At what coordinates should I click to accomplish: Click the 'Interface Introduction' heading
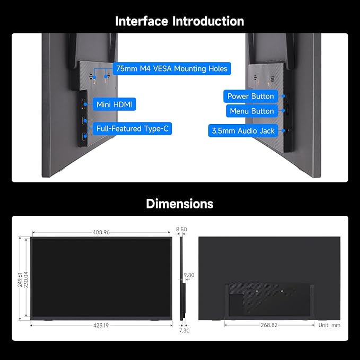pyautogui.click(x=180, y=21)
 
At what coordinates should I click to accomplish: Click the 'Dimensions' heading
pyautogui.click(x=180, y=204)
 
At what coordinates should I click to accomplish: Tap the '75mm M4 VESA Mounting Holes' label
pyautogui.click(x=172, y=68)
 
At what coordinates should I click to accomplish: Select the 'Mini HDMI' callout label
pyautogui.click(x=115, y=104)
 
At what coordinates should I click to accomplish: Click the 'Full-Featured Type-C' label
pyautogui.click(x=132, y=128)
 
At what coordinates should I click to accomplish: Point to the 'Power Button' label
pyautogui.click(x=250, y=96)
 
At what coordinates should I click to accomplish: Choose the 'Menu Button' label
pyautogui.click(x=252, y=111)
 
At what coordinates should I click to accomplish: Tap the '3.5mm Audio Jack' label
pyautogui.click(x=243, y=130)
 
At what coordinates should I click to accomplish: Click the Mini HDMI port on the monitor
pyautogui.click(x=83, y=104)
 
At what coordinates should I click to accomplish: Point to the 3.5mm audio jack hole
pyautogui.click(x=288, y=131)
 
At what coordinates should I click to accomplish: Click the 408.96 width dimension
pyautogui.click(x=101, y=232)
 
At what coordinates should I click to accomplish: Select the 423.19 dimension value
pyautogui.click(x=101, y=326)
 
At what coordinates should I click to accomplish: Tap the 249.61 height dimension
pyautogui.click(x=20, y=279)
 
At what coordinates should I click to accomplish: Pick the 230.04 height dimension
pyautogui.click(x=26, y=279)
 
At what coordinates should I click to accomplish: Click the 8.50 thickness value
pyautogui.click(x=181, y=229)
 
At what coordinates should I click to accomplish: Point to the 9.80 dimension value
pyautogui.click(x=189, y=275)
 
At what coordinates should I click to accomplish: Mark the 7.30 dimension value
pyautogui.click(x=184, y=330)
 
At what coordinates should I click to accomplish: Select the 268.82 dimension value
pyautogui.click(x=269, y=325)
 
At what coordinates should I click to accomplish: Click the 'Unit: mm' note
pyautogui.click(x=329, y=325)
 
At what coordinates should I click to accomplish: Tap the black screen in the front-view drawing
pyautogui.click(x=101, y=278)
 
